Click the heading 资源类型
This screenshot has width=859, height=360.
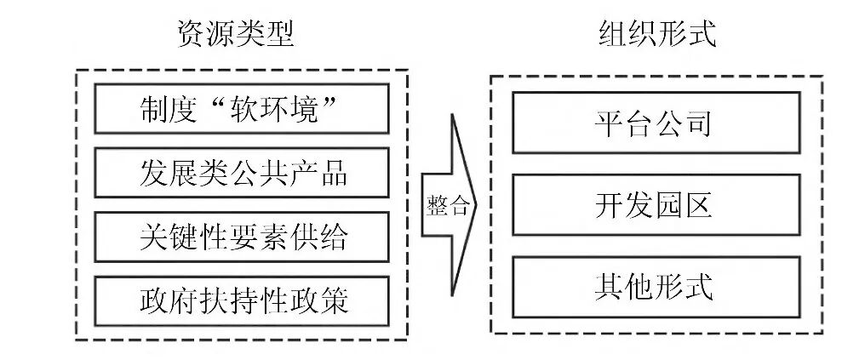235,34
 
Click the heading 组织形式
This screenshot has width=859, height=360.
656,34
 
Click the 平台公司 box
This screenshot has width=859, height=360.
656,123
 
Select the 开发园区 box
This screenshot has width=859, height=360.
656,205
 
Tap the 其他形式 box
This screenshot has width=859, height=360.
656,286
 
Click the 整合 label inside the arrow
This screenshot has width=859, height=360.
447,206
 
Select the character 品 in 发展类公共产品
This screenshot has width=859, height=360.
334,173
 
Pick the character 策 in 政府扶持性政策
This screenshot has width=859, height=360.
334,300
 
